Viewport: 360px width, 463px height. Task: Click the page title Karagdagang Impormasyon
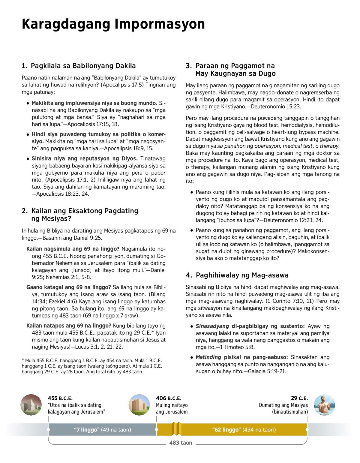[113, 24]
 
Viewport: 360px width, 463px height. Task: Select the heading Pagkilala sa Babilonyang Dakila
[83, 66]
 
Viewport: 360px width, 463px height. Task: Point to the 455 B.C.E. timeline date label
[60, 398]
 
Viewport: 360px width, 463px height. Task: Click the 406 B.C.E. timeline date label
[169, 398]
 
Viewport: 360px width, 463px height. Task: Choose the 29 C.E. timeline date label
[299, 398]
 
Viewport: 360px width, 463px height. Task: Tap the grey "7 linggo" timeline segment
[102, 430]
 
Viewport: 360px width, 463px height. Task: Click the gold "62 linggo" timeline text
[244, 430]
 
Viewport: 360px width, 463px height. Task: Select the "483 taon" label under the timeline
[181, 443]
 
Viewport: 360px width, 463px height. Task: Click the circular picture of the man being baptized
[325, 405]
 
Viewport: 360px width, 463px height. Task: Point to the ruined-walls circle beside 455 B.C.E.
[31, 405]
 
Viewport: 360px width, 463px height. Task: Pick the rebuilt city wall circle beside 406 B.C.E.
[139, 405]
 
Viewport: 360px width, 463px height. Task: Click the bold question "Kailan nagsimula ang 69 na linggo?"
[73, 249]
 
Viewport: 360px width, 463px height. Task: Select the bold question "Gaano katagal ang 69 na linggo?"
[69, 287]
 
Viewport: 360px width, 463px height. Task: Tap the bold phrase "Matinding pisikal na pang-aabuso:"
[241, 357]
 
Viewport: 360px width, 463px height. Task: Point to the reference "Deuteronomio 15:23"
[276, 107]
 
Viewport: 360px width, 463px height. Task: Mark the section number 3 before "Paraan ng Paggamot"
[188, 66]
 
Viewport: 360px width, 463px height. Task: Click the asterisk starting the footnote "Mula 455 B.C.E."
[23, 360]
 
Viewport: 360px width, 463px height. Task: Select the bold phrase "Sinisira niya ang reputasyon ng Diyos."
[85, 158]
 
